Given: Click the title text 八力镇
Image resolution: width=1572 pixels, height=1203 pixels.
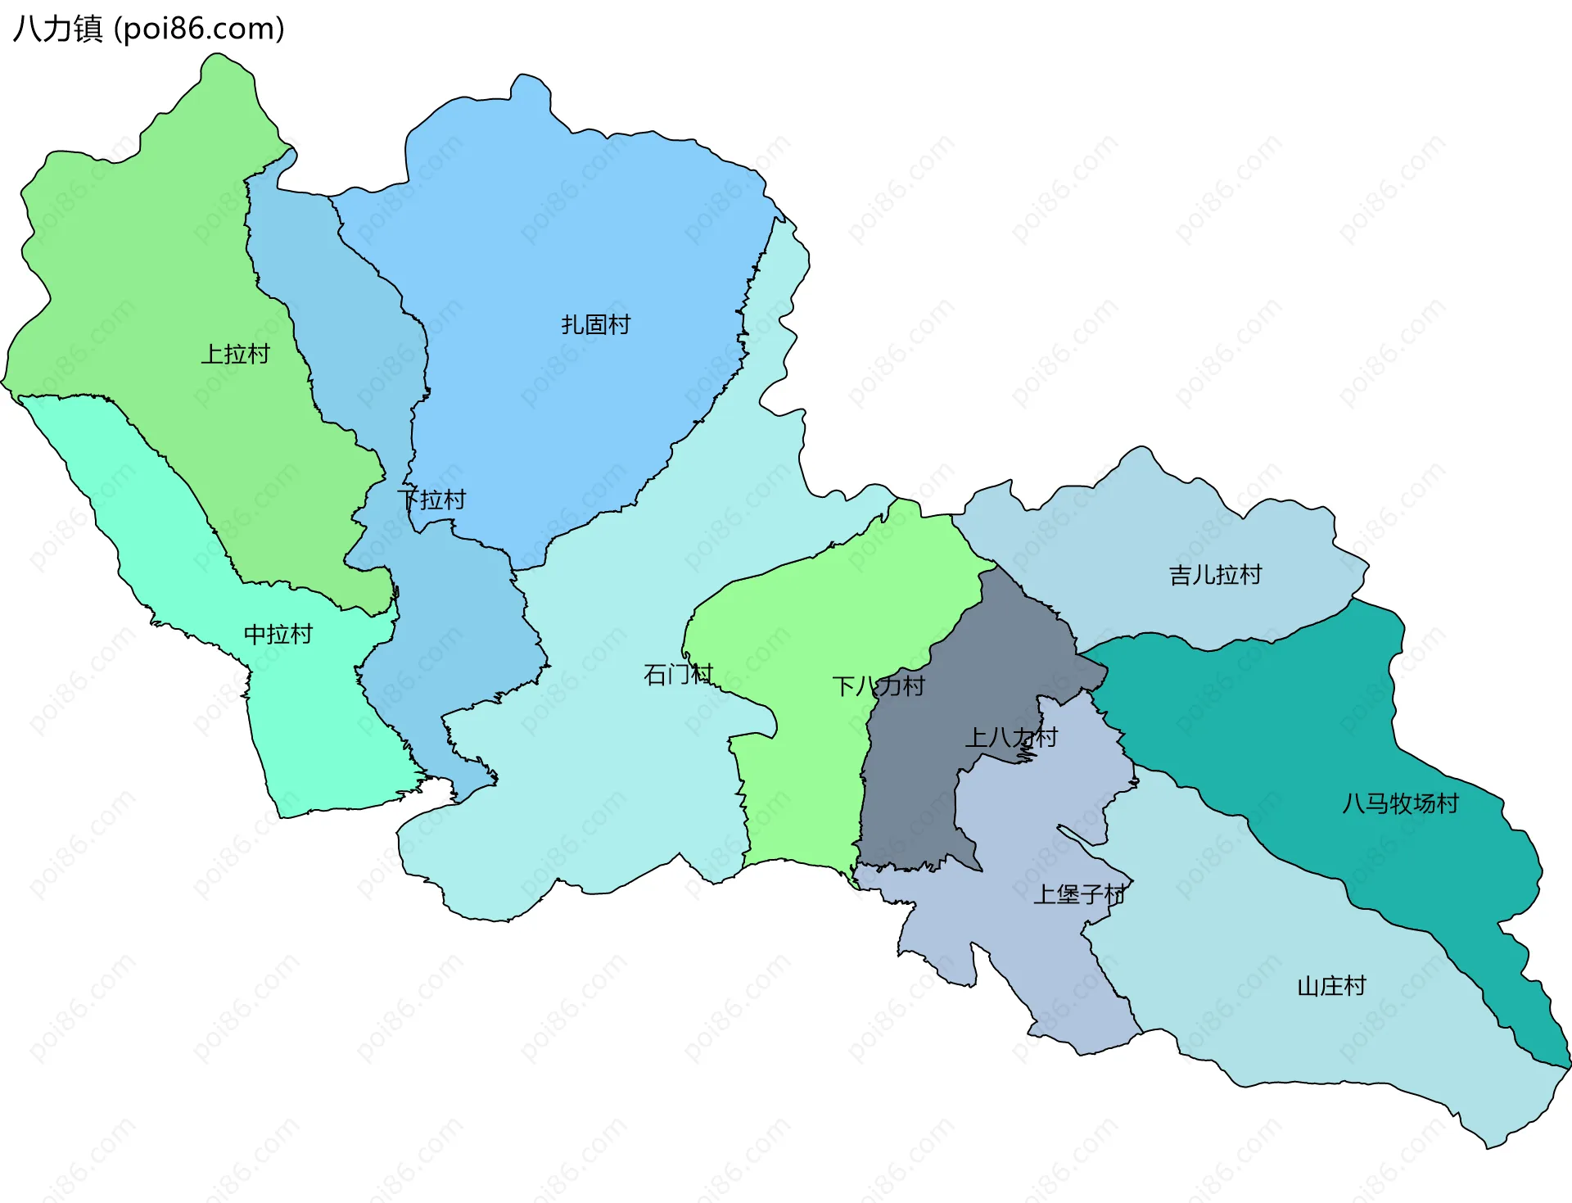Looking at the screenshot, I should (x=57, y=29).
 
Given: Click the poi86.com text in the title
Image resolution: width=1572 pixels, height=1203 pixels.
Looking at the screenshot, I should (x=199, y=29).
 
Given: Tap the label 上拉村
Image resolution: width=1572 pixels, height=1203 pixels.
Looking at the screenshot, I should (x=236, y=355).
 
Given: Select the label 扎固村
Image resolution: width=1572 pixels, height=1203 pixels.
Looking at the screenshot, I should (x=596, y=325).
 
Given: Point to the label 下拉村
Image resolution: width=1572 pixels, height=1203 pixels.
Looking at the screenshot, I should (x=431, y=500).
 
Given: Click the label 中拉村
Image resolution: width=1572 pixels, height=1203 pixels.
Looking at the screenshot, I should (x=278, y=635).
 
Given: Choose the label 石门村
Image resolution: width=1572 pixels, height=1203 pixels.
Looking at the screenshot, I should (x=678, y=675).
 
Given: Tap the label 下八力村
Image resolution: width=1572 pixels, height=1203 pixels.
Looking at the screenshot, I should (x=879, y=686).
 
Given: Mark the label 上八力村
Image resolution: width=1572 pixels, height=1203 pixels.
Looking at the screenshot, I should (x=1012, y=738).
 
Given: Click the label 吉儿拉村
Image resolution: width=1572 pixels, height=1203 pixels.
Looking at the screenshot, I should (x=1215, y=575).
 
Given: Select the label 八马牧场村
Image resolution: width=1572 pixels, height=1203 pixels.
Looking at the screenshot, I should (x=1400, y=803).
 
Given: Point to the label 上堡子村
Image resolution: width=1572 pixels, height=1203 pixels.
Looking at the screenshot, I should (x=1079, y=894).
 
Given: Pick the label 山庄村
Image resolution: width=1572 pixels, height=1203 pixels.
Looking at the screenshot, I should (x=1331, y=986).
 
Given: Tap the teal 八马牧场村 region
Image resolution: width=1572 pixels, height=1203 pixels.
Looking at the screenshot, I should (x=1277, y=721).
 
